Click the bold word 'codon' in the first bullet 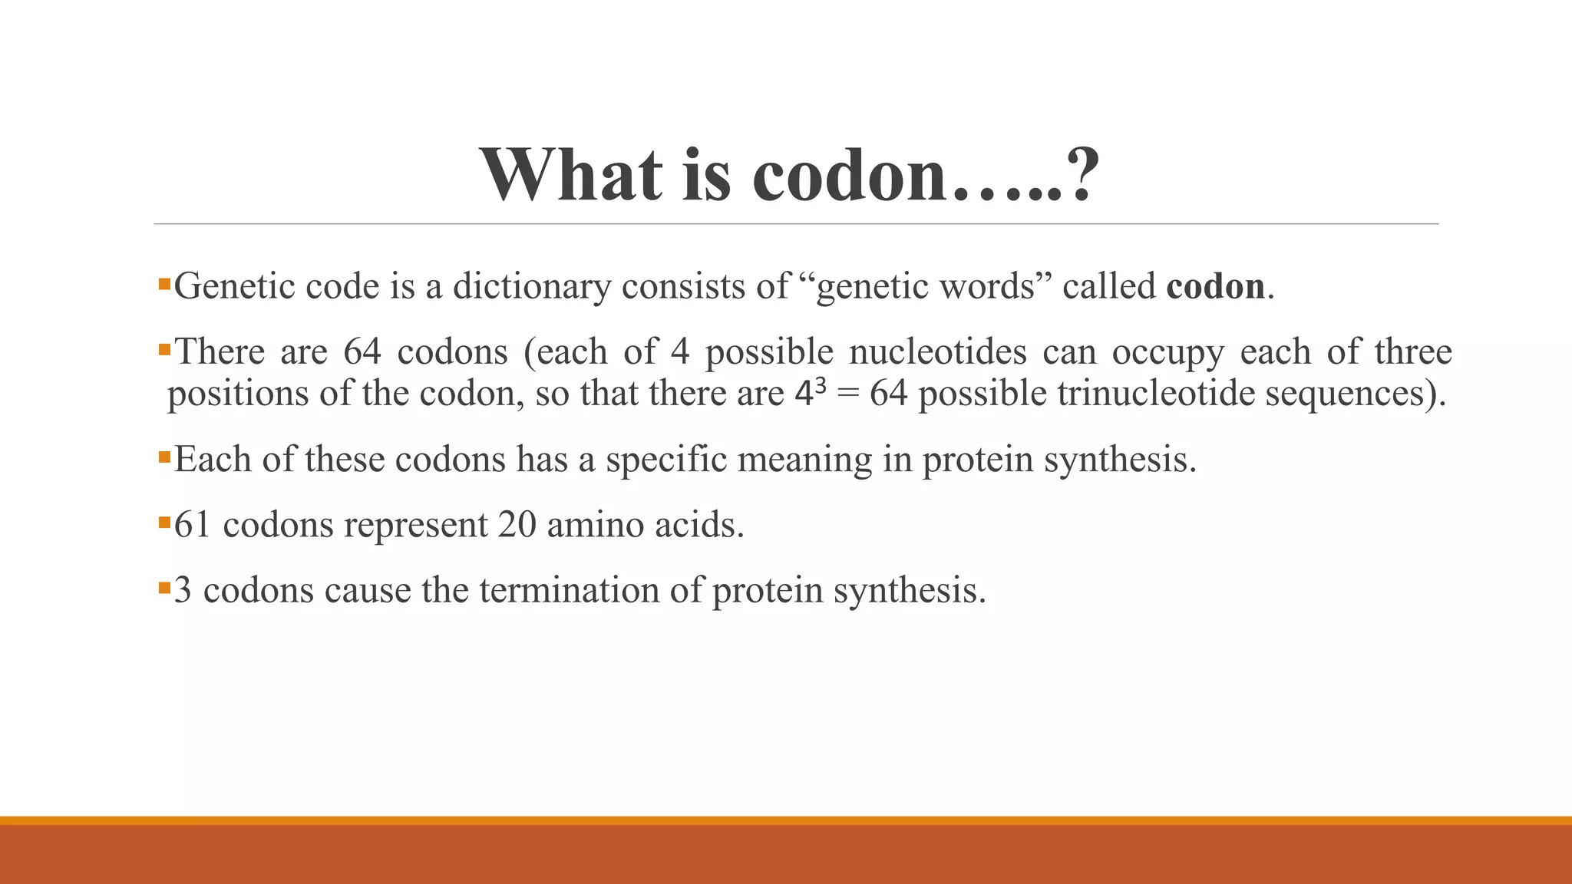point(1215,286)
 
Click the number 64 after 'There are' point(362,352)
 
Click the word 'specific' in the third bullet point(666,460)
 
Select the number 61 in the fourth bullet point(192,525)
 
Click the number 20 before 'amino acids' point(517,525)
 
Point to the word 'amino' point(595,525)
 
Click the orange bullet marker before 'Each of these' point(163,457)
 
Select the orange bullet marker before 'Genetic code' point(163,284)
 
